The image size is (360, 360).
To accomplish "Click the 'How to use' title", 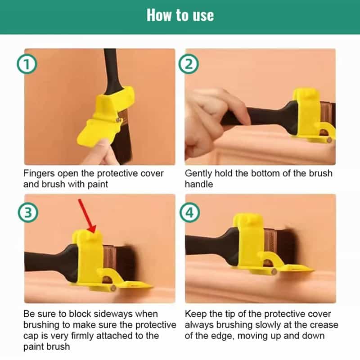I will click(x=180, y=16).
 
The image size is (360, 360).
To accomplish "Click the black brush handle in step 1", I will click(x=111, y=72).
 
